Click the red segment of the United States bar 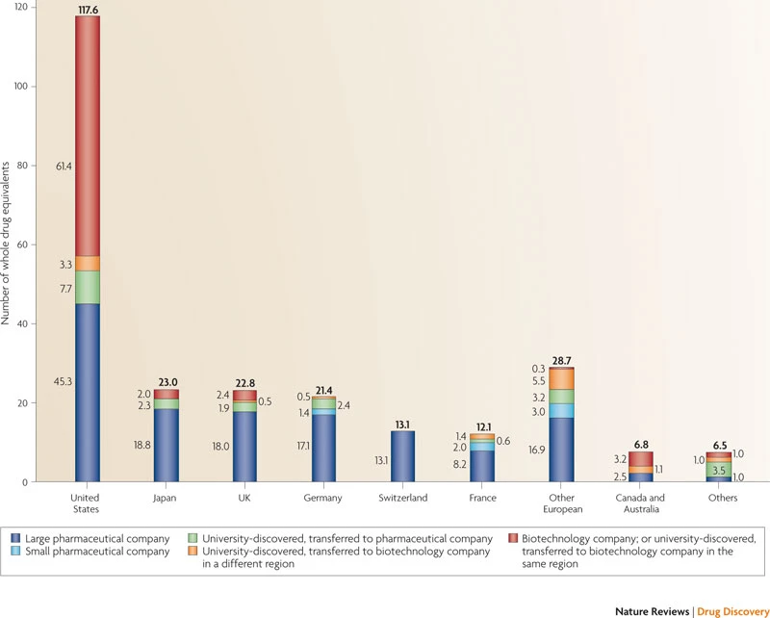(88, 136)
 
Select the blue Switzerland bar (402, 456)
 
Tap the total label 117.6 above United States (89, 10)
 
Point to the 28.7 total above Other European (562, 361)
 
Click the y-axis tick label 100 (20, 87)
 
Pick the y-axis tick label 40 (22, 323)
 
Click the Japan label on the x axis (165, 498)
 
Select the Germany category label (322, 498)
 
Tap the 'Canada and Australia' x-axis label (640, 503)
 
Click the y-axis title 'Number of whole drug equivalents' (6, 244)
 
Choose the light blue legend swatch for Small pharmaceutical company (15, 552)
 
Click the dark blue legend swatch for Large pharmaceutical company (15, 538)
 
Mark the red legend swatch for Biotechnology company (513, 538)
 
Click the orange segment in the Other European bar (562, 378)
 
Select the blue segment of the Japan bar (167, 446)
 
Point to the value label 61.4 (64, 166)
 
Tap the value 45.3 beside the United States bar (64, 381)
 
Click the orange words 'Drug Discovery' (733, 611)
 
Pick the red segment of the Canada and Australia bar (641, 459)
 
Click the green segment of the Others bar (719, 470)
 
